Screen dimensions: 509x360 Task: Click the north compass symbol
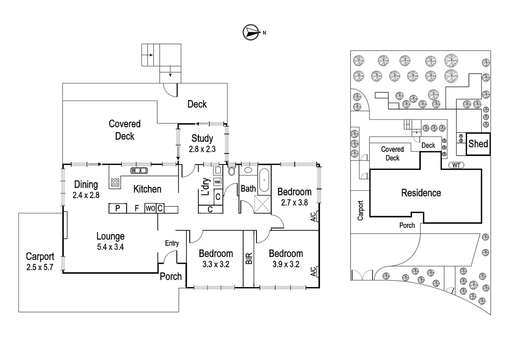pos(251,32)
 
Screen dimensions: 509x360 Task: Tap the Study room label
pos(202,138)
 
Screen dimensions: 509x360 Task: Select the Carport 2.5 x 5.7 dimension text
pos(40,267)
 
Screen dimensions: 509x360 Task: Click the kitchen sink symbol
pos(139,170)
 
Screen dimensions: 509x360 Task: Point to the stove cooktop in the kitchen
pos(115,182)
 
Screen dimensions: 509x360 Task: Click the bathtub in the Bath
pos(264,180)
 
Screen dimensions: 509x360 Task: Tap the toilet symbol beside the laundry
pos(232,171)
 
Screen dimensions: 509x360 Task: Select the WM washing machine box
pos(217,182)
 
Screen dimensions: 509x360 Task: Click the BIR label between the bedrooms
pos(249,259)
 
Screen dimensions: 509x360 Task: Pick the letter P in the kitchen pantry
pos(118,209)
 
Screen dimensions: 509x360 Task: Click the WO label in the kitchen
pos(150,209)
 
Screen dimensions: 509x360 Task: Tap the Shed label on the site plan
pos(478,144)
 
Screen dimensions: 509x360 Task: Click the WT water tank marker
pos(456,165)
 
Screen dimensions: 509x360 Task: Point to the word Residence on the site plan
pos(421,193)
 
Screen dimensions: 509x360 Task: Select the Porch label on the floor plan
pos(171,276)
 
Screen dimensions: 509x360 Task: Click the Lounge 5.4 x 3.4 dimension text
pos(110,247)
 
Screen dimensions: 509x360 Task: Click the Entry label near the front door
pos(172,243)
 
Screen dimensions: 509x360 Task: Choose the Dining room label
pos(86,185)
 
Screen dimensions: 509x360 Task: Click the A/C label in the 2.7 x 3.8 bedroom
pos(313,217)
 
